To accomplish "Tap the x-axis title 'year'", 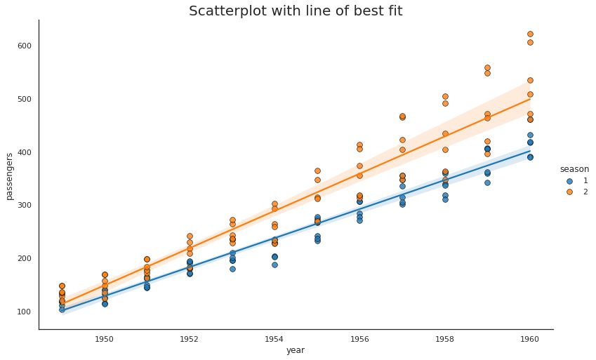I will coord(296,349).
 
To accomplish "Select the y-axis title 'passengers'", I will coord(11,175).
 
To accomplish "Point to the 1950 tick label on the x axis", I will coord(104,339).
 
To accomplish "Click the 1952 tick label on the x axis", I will coord(189,339).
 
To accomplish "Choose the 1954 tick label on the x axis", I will coord(274,339).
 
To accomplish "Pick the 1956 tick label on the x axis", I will coord(359,339).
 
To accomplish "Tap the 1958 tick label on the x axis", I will coord(444,339).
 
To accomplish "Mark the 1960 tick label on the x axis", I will coord(529,339).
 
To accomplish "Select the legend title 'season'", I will coord(574,169).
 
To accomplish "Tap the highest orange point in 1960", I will coord(530,34).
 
